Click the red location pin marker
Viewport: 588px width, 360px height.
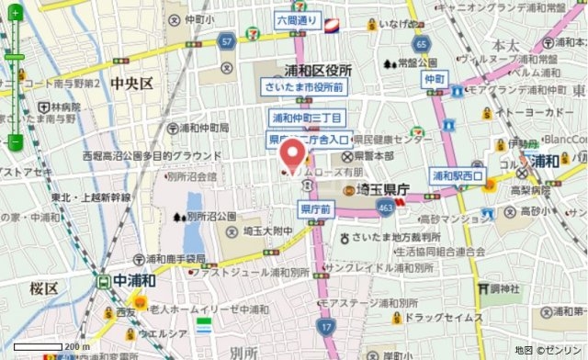(292, 154)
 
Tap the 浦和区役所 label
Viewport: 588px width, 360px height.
(317, 70)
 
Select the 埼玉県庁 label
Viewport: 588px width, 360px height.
(382, 188)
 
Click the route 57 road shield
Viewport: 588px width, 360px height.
(227, 41)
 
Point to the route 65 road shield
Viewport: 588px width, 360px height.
(421, 43)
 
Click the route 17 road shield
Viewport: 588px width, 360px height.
(325, 325)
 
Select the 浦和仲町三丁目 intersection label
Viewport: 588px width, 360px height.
(306, 118)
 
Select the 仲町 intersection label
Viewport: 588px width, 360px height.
(435, 80)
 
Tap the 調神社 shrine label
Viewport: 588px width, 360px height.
(505, 287)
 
